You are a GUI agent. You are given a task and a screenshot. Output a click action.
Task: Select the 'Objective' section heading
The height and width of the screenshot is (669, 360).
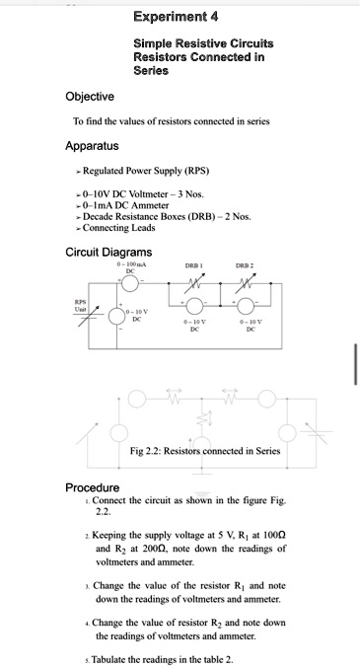click(x=90, y=96)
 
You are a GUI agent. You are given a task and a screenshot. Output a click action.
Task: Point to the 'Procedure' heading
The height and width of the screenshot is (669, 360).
click(x=93, y=487)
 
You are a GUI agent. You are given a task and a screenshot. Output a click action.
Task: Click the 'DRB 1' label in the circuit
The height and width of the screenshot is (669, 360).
click(x=194, y=268)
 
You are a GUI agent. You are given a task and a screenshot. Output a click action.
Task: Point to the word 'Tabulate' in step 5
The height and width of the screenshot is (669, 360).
click(x=108, y=659)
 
